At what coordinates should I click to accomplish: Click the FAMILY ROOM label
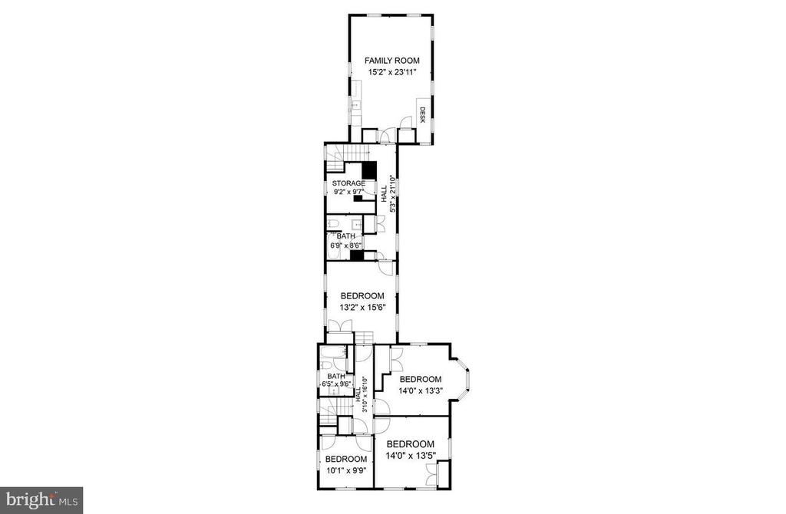[392, 61]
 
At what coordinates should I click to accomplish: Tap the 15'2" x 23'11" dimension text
[392, 73]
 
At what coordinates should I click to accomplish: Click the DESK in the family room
[422, 115]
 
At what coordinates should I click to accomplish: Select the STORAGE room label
[348, 183]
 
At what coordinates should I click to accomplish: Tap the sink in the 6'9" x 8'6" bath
[357, 224]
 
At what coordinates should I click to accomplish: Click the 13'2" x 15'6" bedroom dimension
[362, 308]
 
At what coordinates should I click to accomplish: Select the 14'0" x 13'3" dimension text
[421, 391]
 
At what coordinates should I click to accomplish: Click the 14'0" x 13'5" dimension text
[411, 456]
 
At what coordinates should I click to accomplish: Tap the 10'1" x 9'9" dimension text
[346, 470]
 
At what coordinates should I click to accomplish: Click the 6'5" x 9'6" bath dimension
[335, 384]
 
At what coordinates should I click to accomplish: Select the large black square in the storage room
[369, 170]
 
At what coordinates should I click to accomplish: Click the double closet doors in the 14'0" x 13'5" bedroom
[431, 474]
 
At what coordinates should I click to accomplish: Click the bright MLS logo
[41, 500]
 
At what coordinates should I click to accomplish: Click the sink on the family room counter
[355, 105]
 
